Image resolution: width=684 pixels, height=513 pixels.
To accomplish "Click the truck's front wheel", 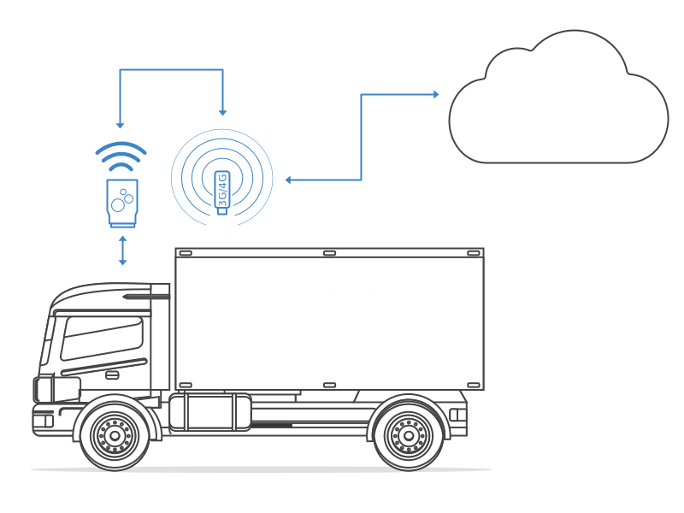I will coord(115,434).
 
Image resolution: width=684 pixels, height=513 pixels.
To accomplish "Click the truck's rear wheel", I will coord(409,434).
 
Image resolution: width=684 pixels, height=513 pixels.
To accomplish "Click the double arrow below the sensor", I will coord(122,249).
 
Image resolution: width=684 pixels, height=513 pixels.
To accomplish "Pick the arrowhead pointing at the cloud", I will coord(435,94).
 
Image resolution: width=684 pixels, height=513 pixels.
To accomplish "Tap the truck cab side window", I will coord(101,338).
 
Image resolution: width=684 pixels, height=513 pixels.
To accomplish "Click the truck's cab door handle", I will coord(112,374).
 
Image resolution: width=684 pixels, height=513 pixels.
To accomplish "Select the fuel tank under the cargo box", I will coord(209,412).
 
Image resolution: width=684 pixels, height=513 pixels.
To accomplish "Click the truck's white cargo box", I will coord(329,318).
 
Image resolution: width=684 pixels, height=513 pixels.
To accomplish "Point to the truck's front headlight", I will coord(43,390).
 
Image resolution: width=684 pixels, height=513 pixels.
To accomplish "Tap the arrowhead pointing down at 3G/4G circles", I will coord(222,111).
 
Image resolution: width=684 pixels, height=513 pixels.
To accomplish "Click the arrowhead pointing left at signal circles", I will coord(289,180).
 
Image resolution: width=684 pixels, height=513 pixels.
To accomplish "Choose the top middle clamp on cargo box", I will coord(329,253).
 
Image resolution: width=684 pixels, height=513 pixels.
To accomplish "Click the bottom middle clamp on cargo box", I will coord(329,385).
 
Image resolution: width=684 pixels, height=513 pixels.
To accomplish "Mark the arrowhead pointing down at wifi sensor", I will coord(121,124).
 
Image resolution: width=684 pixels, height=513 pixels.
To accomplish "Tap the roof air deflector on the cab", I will coord(111,295).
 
